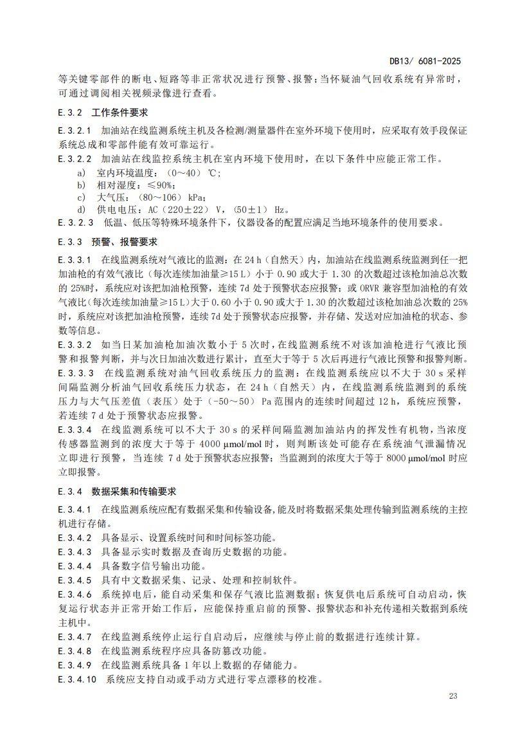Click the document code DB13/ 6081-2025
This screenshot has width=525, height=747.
425,62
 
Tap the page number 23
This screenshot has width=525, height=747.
452,696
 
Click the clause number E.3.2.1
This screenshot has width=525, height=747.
76,131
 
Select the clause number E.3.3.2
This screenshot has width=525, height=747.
76,344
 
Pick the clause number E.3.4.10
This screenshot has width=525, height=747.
78,679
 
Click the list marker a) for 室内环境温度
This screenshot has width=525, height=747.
81,173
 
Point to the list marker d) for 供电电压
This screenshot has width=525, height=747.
81,210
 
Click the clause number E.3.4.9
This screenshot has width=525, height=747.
76,665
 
